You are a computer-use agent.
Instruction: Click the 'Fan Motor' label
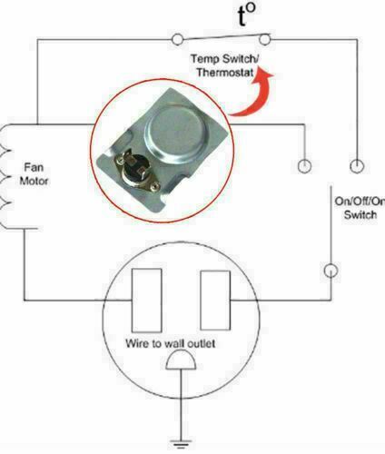[34, 174]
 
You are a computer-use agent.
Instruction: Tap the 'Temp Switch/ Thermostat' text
[224, 65]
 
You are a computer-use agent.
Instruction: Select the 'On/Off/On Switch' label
[360, 208]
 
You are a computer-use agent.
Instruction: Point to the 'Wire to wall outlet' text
[171, 343]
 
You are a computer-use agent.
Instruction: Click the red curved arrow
[254, 97]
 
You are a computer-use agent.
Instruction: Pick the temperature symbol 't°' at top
[246, 15]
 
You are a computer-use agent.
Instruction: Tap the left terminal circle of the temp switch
[177, 39]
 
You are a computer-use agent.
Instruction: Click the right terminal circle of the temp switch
[265, 39]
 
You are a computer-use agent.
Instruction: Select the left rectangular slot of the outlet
[146, 301]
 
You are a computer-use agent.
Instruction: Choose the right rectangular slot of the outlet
[215, 300]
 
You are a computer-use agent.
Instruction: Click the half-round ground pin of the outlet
[181, 360]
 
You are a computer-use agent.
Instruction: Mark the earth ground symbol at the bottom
[181, 444]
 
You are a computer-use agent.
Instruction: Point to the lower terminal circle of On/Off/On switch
[331, 271]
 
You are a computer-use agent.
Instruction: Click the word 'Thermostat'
[225, 72]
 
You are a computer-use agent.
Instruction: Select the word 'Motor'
[34, 181]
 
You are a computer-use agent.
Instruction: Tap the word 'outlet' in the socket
[202, 343]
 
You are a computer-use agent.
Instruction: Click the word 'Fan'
[34, 167]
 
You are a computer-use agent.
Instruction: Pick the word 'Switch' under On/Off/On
[360, 215]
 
